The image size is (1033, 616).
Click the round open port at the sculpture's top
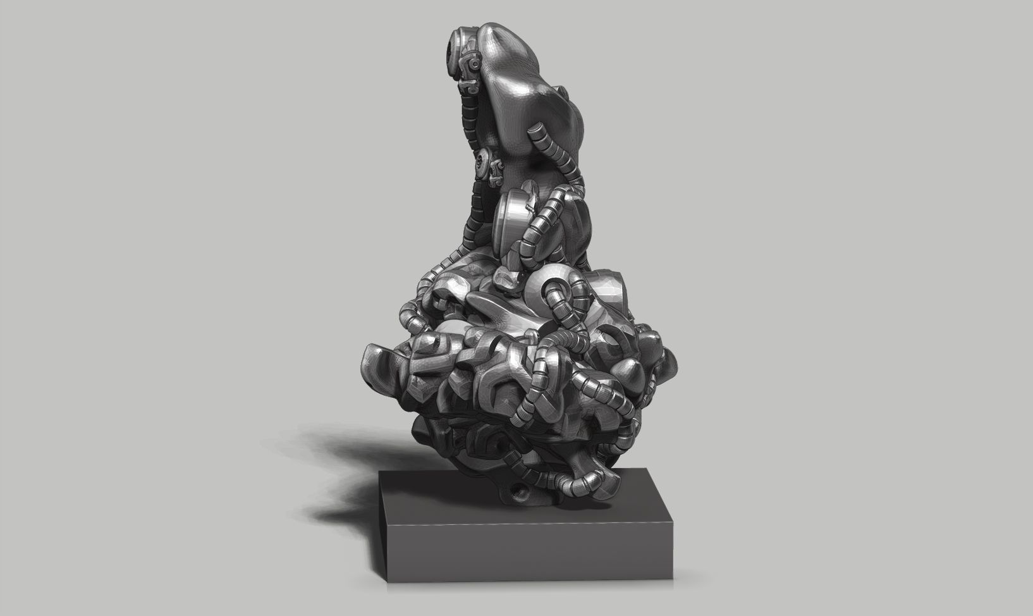[453, 46]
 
